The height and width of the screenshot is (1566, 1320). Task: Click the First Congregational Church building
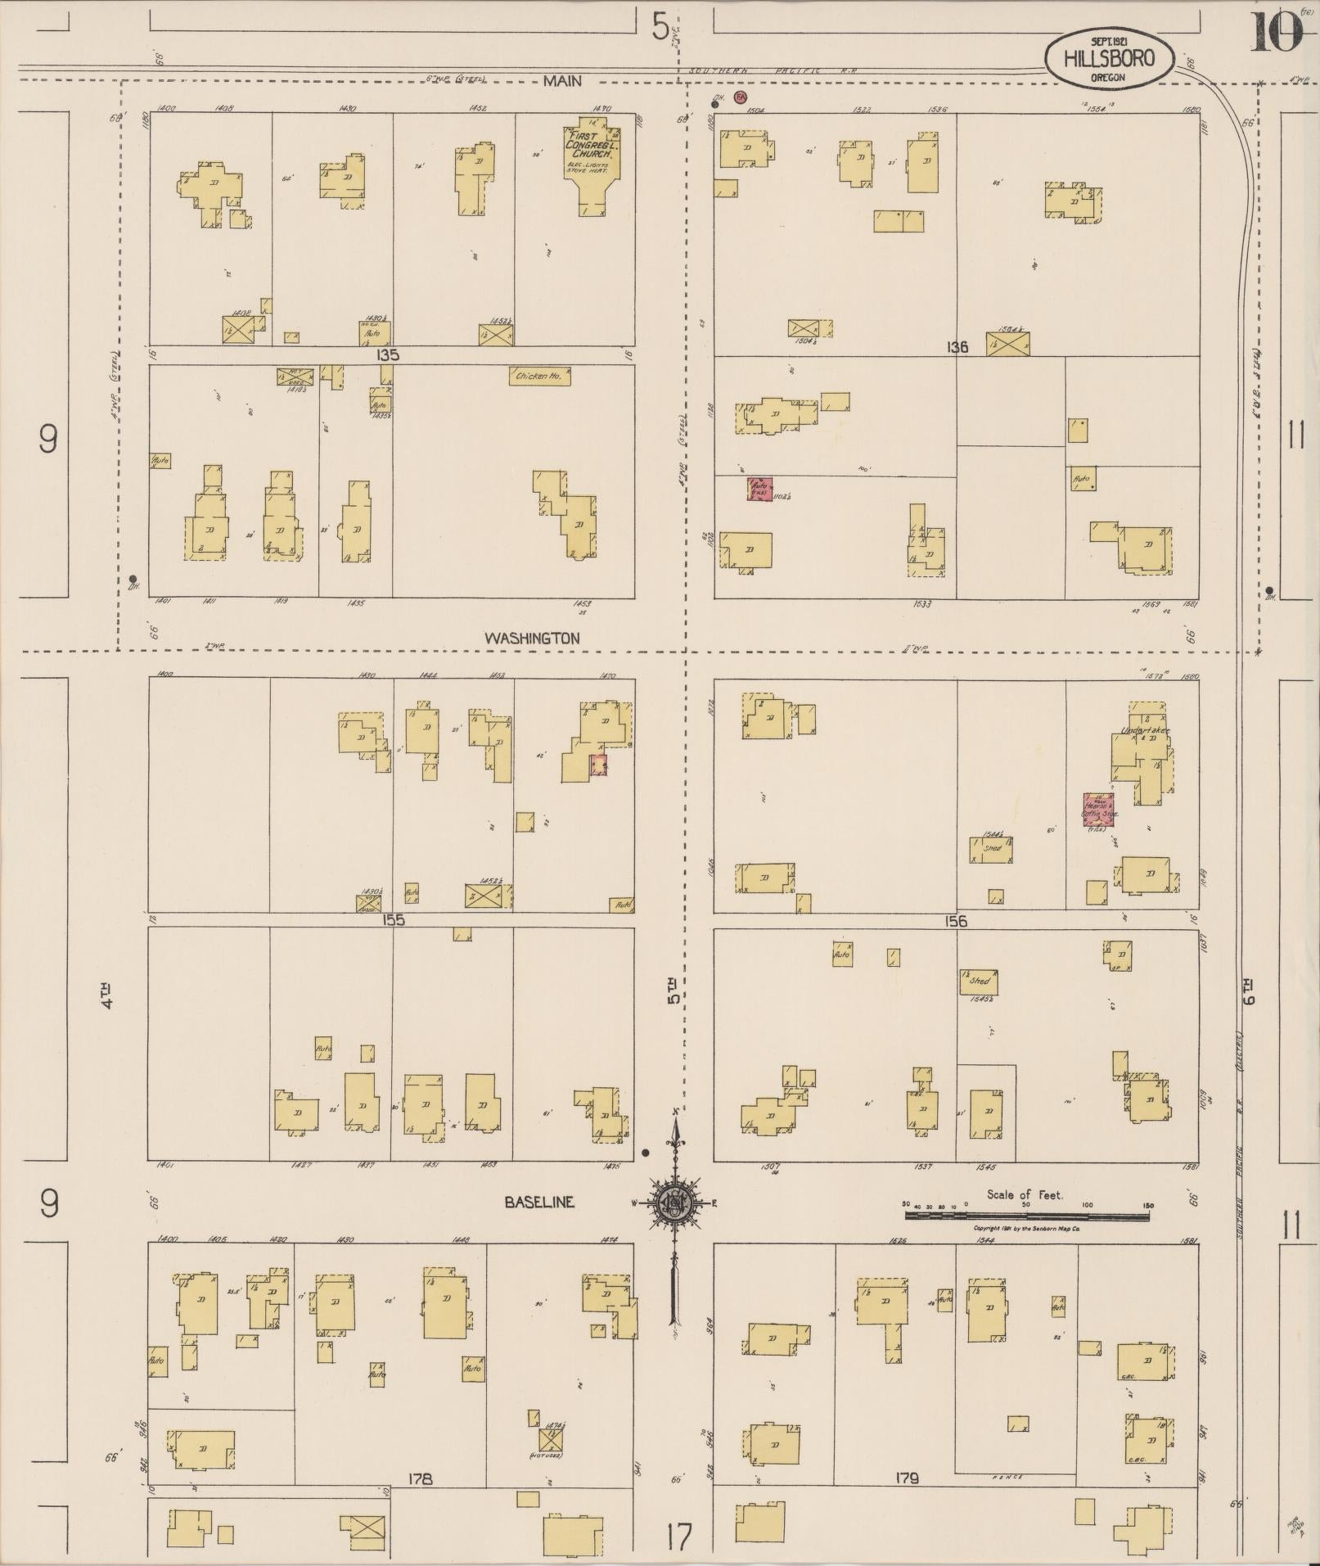pos(592,169)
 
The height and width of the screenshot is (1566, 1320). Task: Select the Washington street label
pos(532,638)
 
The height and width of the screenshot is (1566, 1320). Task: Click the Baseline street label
pos(538,1203)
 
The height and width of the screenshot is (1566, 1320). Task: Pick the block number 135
pos(388,356)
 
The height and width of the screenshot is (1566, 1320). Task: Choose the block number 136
pos(957,347)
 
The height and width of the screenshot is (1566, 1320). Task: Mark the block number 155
pos(394,920)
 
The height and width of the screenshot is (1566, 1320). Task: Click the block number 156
pos(955,921)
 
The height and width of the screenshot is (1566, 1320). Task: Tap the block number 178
pos(418,1478)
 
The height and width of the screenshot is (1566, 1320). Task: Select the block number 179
pos(907,1478)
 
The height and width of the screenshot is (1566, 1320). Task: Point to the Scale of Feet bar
pos(1025,1216)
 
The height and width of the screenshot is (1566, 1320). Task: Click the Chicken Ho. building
pos(539,377)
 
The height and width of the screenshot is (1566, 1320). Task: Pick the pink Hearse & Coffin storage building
pos(1101,808)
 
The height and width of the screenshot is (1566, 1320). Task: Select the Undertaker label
pos(1145,730)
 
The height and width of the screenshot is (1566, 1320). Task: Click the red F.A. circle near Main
pos(741,97)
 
